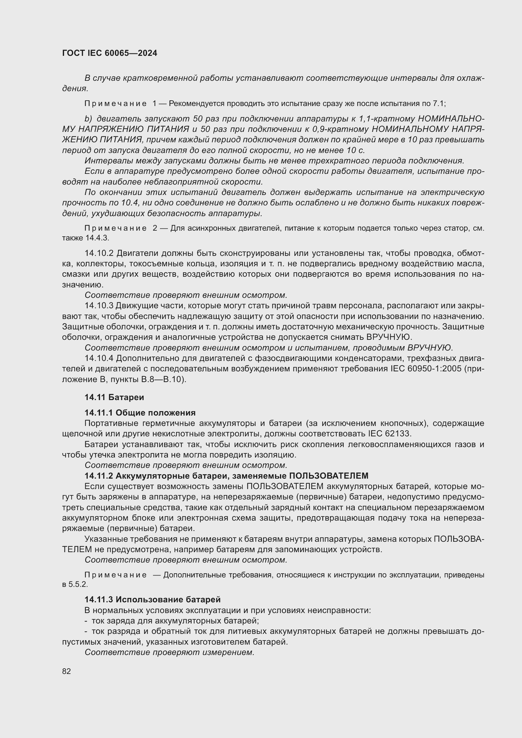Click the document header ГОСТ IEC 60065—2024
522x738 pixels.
point(110,53)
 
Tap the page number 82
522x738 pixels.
point(67,671)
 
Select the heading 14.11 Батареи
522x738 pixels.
point(114,397)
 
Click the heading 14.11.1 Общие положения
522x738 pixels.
point(140,413)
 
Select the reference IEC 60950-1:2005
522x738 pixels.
point(425,369)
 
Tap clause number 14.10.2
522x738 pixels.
point(99,253)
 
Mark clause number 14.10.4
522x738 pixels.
point(99,358)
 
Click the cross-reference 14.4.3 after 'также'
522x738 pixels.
point(97,238)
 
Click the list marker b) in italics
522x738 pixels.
point(88,119)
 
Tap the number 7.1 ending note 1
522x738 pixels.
point(438,103)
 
